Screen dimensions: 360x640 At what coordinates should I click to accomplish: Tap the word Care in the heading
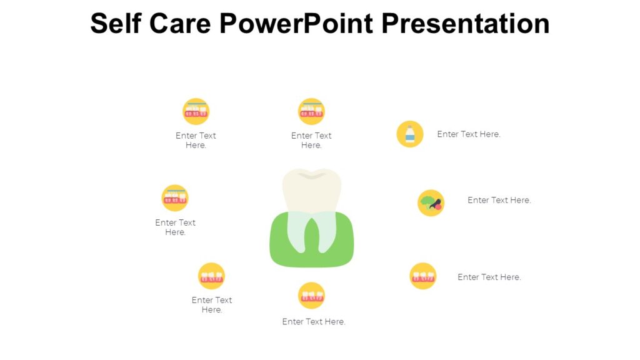[184, 24]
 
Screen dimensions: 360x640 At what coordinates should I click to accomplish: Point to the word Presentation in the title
[465, 24]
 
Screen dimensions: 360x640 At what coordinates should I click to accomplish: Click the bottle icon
[410, 134]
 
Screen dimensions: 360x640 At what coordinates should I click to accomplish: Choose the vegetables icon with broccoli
[431, 202]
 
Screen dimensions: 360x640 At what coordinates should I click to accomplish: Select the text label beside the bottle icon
[469, 134]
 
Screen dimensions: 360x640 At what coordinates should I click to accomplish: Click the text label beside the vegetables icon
[499, 201]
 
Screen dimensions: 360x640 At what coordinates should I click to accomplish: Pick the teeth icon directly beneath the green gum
[311, 296]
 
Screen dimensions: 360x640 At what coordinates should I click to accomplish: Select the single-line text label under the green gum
[314, 322]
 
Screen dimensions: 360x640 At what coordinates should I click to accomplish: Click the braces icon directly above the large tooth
[311, 111]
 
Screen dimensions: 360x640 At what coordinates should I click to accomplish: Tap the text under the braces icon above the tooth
[311, 140]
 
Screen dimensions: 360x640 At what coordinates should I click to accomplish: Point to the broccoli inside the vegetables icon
[427, 201]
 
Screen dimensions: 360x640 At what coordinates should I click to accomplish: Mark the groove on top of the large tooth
[312, 176]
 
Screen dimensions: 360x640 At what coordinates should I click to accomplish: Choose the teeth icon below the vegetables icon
[423, 276]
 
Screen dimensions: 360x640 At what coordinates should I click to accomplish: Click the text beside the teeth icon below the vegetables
[489, 277]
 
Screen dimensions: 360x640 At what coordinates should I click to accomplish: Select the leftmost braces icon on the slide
[175, 197]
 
